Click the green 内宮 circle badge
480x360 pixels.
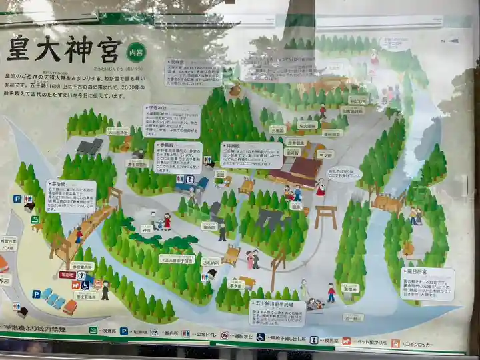point(136,51)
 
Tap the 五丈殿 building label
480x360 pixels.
point(325,155)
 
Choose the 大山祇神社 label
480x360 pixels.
point(117,131)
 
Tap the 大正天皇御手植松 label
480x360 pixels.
point(177,259)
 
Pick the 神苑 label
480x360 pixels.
point(147,229)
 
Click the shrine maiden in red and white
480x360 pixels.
point(321,187)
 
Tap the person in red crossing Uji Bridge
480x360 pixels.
point(79,235)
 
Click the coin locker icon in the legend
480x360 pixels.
point(395,343)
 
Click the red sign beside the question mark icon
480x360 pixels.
point(67,274)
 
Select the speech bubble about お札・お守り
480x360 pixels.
point(343,173)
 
